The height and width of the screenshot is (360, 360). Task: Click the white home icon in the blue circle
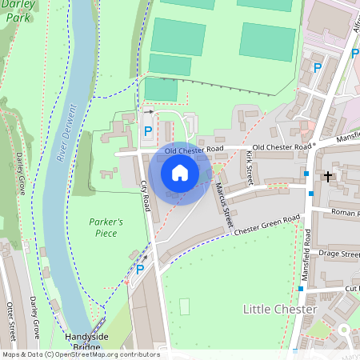[x=180, y=172]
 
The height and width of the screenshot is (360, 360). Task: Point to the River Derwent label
[x=67, y=133]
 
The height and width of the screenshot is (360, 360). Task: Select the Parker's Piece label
[x=106, y=227]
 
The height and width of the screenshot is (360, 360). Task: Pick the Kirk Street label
[x=247, y=168]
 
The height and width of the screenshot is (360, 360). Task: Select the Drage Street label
[x=340, y=254]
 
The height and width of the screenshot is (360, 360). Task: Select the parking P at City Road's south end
[x=141, y=270]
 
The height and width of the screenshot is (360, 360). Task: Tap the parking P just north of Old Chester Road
[x=147, y=130]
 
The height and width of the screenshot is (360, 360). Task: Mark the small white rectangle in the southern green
[x=186, y=306]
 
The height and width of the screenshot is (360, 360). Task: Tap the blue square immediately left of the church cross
[x=306, y=174]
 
